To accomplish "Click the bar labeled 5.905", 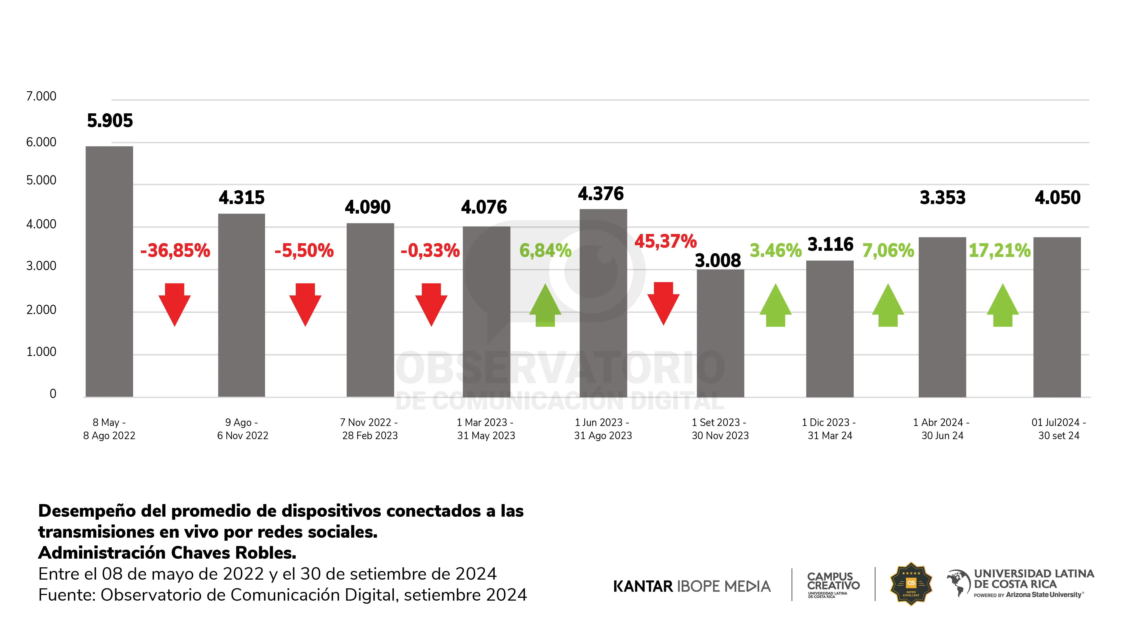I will [109, 272].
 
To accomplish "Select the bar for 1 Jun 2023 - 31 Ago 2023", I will [603, 303].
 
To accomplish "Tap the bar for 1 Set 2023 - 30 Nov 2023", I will [720, 334].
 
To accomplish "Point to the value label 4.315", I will [242, 198].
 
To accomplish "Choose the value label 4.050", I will [1057, 198].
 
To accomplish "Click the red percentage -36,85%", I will [175, 250].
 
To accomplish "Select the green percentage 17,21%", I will [1000, 250].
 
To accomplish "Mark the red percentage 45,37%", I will [665, 241].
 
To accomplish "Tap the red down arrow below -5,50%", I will [305, 304].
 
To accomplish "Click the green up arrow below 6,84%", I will [545, 305].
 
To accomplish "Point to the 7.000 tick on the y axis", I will [41, 96].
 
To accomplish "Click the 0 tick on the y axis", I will [53, 394].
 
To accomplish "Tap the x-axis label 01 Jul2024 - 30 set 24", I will [1058, 429].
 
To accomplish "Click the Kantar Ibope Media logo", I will [691, 586].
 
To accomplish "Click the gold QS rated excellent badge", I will [911, 584].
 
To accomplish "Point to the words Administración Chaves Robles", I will [167, 552].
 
